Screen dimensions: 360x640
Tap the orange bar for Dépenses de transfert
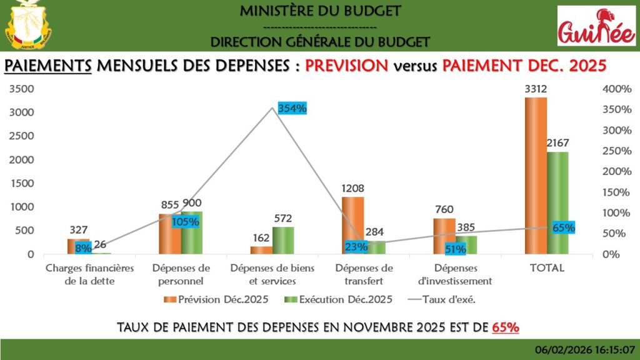[352, 226]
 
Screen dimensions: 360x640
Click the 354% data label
[292, 108]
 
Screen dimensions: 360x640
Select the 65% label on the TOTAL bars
[563, 227]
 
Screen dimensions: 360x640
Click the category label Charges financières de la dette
[90, 274]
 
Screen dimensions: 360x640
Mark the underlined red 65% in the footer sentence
[506, 327]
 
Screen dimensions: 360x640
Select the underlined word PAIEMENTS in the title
[48, 66]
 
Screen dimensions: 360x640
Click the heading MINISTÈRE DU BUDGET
[320, 11]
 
